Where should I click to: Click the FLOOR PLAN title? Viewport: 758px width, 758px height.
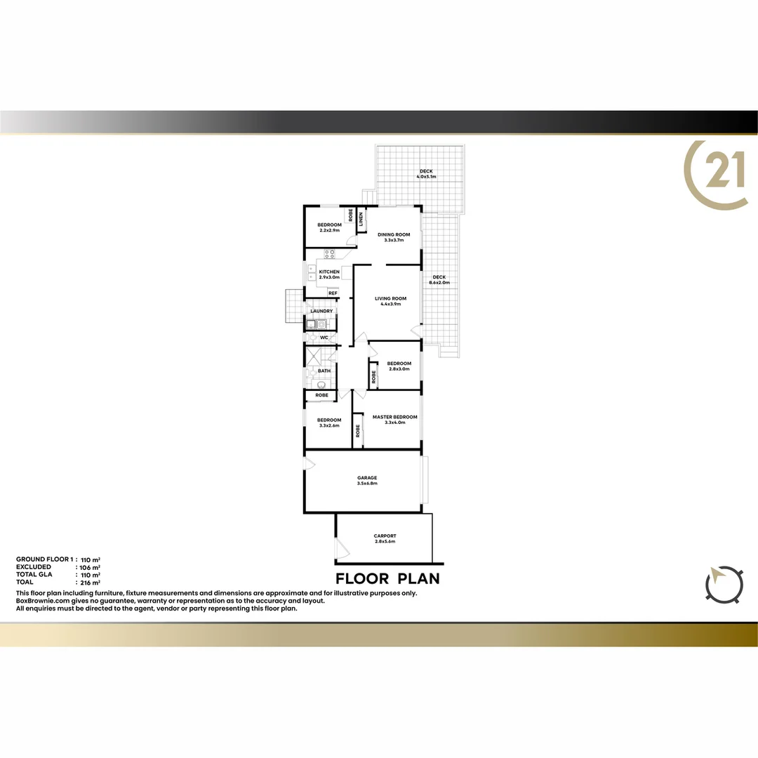coord(387,578)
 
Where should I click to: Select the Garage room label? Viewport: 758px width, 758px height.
coord(367,480)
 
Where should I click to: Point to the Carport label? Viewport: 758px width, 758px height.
coord(385,538)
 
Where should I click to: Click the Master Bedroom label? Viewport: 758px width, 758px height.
coord(395,419)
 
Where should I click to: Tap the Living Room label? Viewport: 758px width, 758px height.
coord(387,300)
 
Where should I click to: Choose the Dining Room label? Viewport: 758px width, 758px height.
coord(394,237)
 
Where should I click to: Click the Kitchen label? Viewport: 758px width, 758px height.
coord(329,274)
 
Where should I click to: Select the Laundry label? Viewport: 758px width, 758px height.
coord(321,311)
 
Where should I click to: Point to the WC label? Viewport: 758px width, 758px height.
coord(324,338)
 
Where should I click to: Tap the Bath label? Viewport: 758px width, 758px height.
coord(324,371)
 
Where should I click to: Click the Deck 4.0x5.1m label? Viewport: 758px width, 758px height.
coord(426,173)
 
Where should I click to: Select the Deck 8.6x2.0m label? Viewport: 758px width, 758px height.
coord(439,279)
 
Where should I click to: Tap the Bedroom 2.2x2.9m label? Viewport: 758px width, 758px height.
coord(329,227)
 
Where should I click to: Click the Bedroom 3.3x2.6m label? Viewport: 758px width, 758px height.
coord(329,423)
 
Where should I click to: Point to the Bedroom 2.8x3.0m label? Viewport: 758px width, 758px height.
coord(399,366)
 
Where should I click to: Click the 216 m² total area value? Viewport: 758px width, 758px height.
coord(92,583)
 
